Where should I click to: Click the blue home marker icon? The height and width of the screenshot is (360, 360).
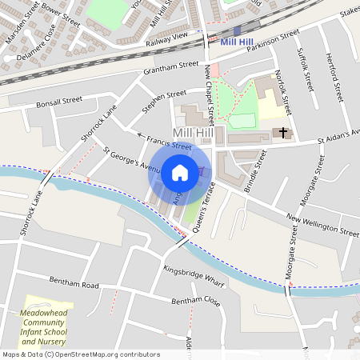click(180, 172)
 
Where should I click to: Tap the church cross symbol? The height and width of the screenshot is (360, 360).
click(283, 132)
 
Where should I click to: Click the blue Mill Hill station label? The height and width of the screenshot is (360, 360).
click(238, 42)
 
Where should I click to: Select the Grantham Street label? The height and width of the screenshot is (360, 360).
click(170, 69)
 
